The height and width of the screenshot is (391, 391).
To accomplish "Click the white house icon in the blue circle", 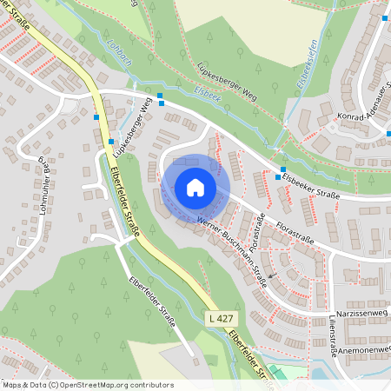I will [x=195, y=188].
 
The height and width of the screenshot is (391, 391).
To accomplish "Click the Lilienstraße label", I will [x=334, y=334].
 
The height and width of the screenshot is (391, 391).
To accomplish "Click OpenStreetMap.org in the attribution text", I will [x=108, y=385].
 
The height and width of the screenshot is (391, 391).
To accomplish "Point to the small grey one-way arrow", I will [x=271, y=275].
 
